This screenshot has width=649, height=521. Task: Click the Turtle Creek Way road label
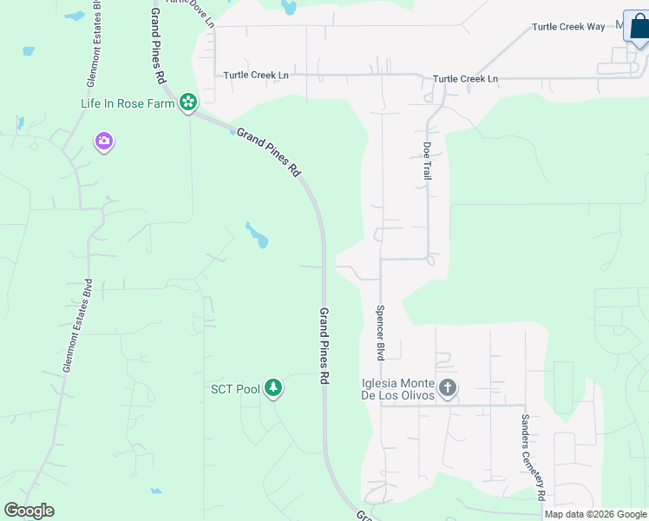pyautogui.click(x=568, y=27)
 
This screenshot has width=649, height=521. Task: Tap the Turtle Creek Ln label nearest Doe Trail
pyautogui.click(x=465, y=79)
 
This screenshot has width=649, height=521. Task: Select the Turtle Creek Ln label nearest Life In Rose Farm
pyautogui.click(x=256, y=76)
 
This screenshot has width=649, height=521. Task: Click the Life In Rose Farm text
pyautogui.click(x=128, y=103)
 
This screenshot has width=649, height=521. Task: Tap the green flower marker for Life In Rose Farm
pyautogui.click(x=187, y=103)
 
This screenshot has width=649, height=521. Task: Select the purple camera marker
pyautogui.click(x=104, y=141)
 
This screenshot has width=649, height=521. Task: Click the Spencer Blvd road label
pyautogui.click(x=380, y=333)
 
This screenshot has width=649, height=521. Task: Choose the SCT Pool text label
pyautogui.click(x=235, y=389)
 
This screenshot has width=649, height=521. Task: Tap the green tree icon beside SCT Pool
pyautogui.click(x=273, y=388)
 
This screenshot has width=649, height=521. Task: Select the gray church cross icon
pyautogui.click(x=447, y=387)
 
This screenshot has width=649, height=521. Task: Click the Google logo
pyautogui.click(x=29, y=511)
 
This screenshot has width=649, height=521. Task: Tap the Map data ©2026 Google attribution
pyautogui.click(x=596, y=514)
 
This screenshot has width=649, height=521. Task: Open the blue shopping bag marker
pyautogui.click(x=639, y=28)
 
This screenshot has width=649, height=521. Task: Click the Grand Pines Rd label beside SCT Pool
pyautogui.click(x=324, y=346)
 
